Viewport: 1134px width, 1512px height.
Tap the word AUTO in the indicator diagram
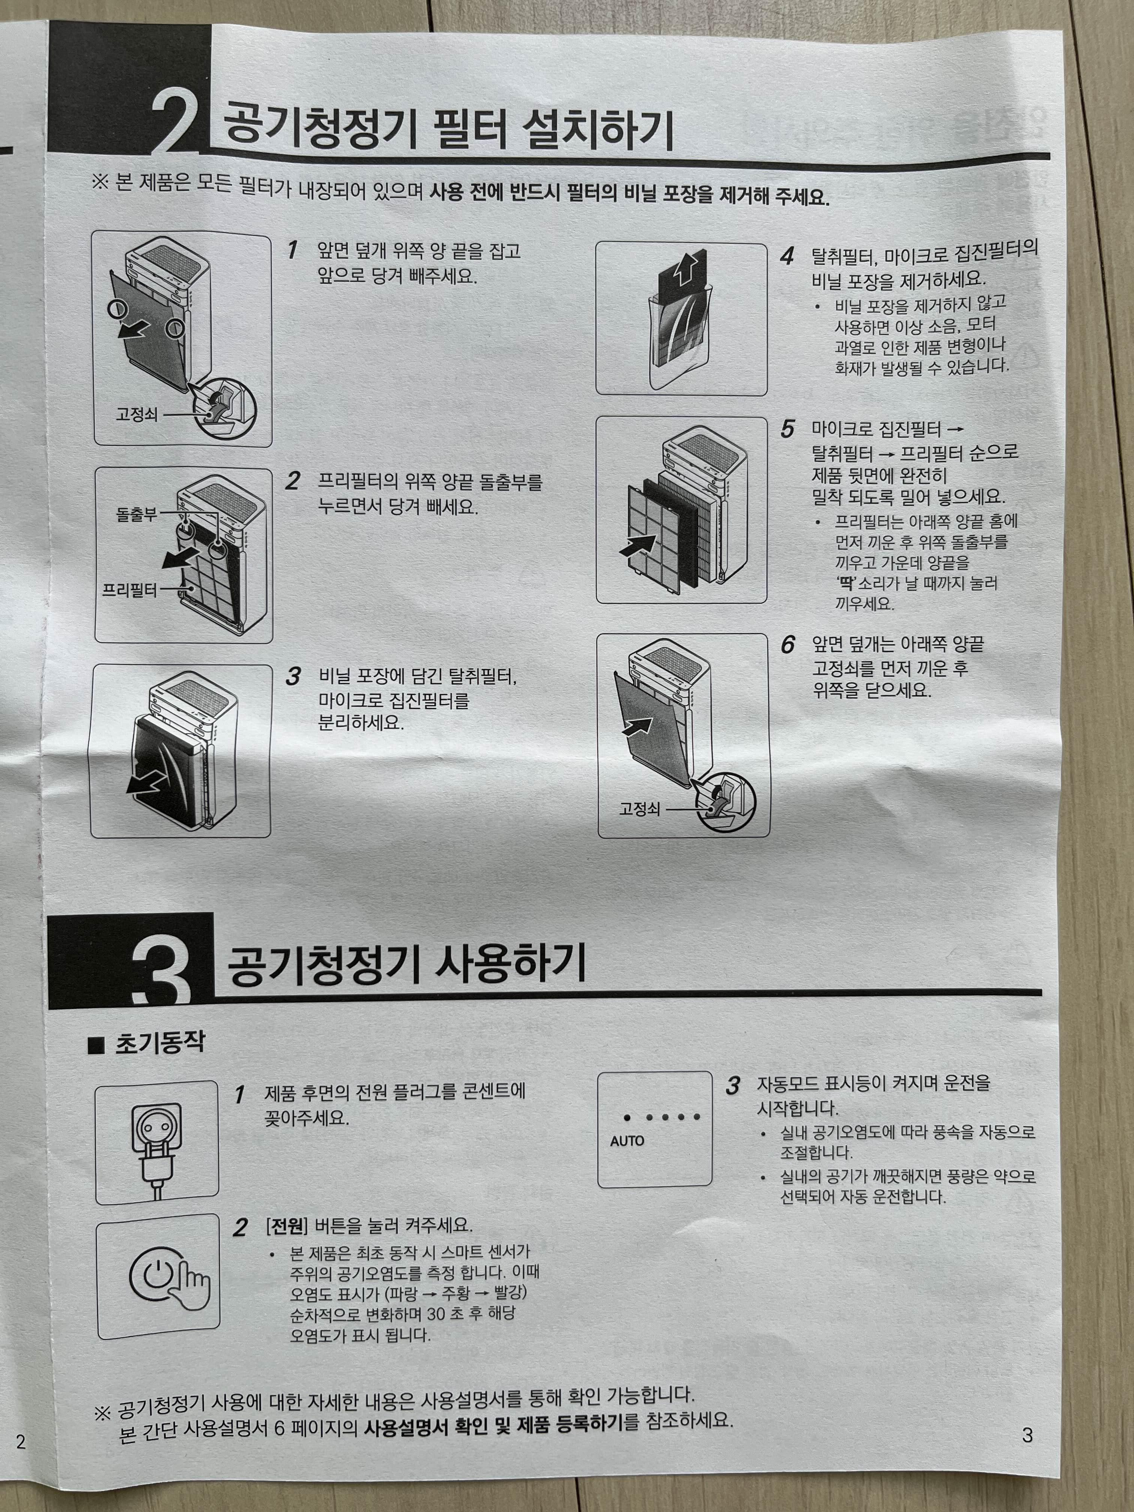[627, 1141]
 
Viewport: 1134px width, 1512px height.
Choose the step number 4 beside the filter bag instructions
[787, 257]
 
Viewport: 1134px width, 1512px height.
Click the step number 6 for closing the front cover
[788, 645]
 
